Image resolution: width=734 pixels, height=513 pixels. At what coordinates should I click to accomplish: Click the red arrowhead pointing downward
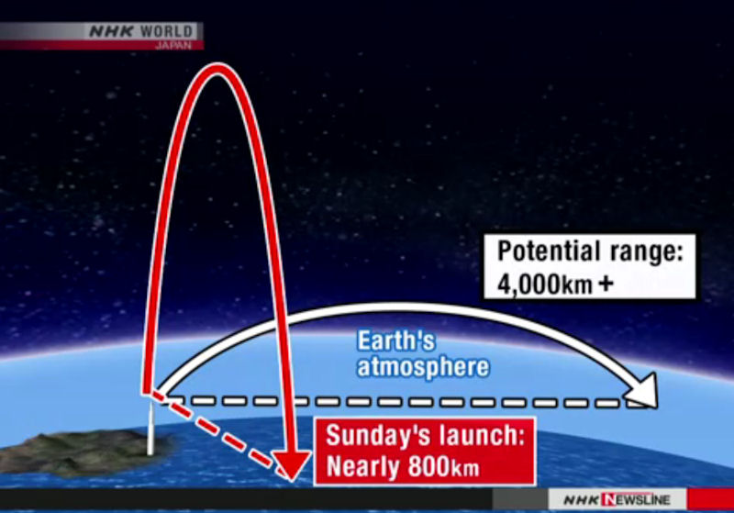291,465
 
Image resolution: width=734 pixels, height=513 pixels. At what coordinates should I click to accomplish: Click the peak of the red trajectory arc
217,68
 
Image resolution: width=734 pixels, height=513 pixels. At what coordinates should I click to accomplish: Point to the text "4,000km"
544,284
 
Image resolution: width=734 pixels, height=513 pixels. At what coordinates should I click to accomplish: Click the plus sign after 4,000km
606,284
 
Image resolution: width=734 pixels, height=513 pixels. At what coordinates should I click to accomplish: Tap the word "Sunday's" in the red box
373,435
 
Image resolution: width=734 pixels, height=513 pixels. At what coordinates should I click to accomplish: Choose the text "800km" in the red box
444,466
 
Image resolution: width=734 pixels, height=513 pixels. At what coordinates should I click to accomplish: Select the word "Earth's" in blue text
396,340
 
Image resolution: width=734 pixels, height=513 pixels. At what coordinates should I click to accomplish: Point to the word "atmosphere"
423,367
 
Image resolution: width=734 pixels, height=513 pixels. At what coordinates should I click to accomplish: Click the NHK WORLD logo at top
141,31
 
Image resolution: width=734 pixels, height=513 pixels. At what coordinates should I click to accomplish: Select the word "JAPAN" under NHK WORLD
173,45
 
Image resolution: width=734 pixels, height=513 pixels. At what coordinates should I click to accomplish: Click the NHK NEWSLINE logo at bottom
617,500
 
